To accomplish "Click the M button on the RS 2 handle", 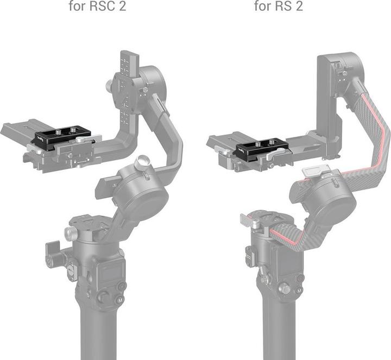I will tap(298, 290).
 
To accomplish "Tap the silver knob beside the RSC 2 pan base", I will tap(70, 234).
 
